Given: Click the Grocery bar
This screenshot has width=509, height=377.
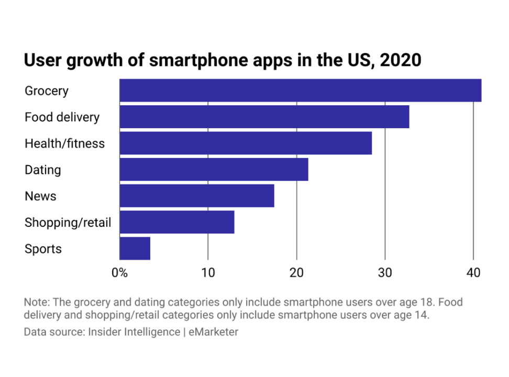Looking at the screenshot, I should point(300,91).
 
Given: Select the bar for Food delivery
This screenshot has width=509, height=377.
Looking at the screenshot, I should point(264,117).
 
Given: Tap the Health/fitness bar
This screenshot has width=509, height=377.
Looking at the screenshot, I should point(246,143).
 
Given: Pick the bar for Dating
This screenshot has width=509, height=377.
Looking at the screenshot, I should point(214,170).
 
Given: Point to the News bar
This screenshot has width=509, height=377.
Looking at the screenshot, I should point(196,196).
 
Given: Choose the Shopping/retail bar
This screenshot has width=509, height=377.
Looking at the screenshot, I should point(176,222).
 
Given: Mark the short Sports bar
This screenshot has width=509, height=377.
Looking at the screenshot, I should point(135,249).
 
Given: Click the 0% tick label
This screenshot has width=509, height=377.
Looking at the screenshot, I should point(120,273).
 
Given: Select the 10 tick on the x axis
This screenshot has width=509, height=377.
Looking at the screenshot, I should point(208,273).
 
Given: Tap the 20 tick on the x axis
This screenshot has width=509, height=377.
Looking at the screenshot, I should point(296,273).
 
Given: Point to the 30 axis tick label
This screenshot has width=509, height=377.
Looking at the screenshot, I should point(385,273).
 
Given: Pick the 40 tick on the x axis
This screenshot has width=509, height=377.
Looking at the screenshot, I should point(473,273).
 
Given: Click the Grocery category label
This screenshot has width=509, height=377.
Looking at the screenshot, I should point(47,91).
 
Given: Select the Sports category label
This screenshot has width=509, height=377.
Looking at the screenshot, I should point(43,249).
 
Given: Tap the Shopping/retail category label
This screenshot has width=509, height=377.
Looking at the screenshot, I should point(68,223).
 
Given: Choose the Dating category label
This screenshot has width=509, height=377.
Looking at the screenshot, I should point(42,170).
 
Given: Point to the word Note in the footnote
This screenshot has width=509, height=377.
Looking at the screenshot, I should point(34,303).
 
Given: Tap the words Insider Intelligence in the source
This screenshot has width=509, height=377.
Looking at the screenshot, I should point(134,332).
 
